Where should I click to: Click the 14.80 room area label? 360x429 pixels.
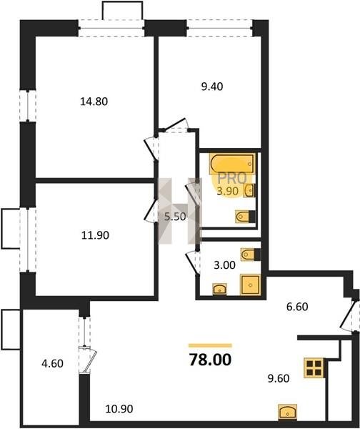point(94,102)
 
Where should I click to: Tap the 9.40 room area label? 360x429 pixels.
point(212,87)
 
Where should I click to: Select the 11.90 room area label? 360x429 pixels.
point(95,235)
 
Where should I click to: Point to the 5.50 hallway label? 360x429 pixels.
point(175,217)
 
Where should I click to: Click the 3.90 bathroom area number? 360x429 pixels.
point(227,191)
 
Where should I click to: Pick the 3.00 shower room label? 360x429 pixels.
point(224,265)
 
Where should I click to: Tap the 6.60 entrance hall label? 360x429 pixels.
point(297,307)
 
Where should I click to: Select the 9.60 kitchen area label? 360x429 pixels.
point(279,378)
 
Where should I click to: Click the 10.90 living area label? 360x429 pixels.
point(119,409)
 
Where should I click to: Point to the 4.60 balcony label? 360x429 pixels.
point(52,363)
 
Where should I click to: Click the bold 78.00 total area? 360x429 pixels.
point(210,360)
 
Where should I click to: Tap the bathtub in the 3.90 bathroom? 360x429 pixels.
point(232,163)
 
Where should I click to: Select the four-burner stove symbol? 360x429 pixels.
point(314,368)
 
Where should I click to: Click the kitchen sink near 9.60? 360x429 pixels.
point(287,412)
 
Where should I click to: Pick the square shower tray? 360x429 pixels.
point(250,285)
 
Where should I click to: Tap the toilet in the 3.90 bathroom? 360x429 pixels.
point(245,217)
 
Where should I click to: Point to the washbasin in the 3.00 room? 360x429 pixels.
point(220,289)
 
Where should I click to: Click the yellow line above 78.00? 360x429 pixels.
point(210,345)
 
